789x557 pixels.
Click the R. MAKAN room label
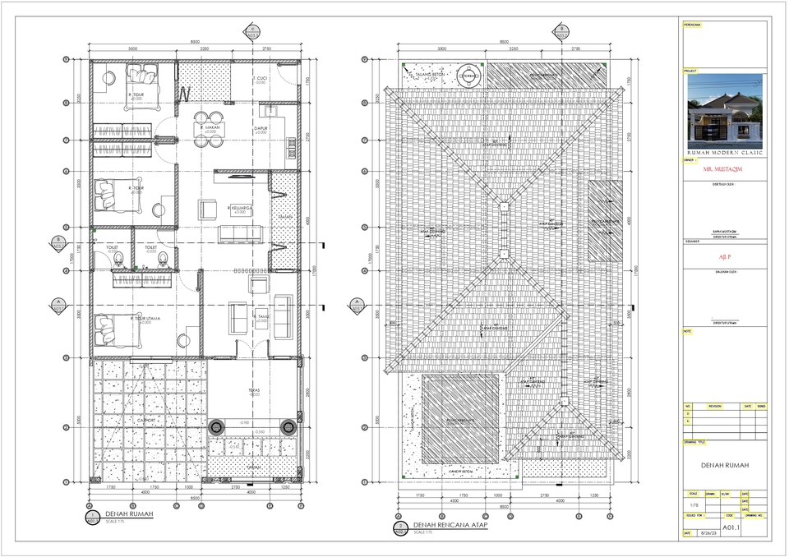[207, 128]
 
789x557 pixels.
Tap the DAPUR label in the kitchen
[261, 129]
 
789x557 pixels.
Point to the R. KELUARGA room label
[239, 209]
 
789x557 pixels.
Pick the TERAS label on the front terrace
[254, 390]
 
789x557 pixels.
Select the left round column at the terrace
[217, 427]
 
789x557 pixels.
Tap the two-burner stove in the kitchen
[292, 147]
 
